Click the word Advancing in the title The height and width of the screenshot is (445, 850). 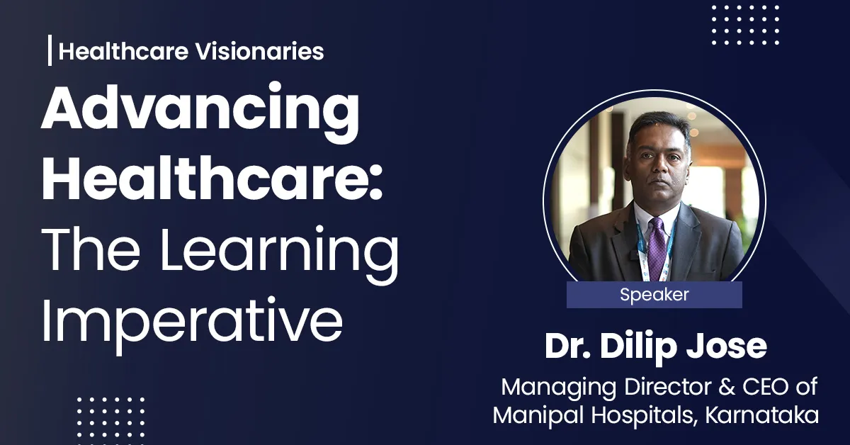[x=200, y=117]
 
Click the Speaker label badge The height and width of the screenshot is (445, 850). [x=654, y=295]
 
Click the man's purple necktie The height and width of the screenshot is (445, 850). [x=654, y=244]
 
